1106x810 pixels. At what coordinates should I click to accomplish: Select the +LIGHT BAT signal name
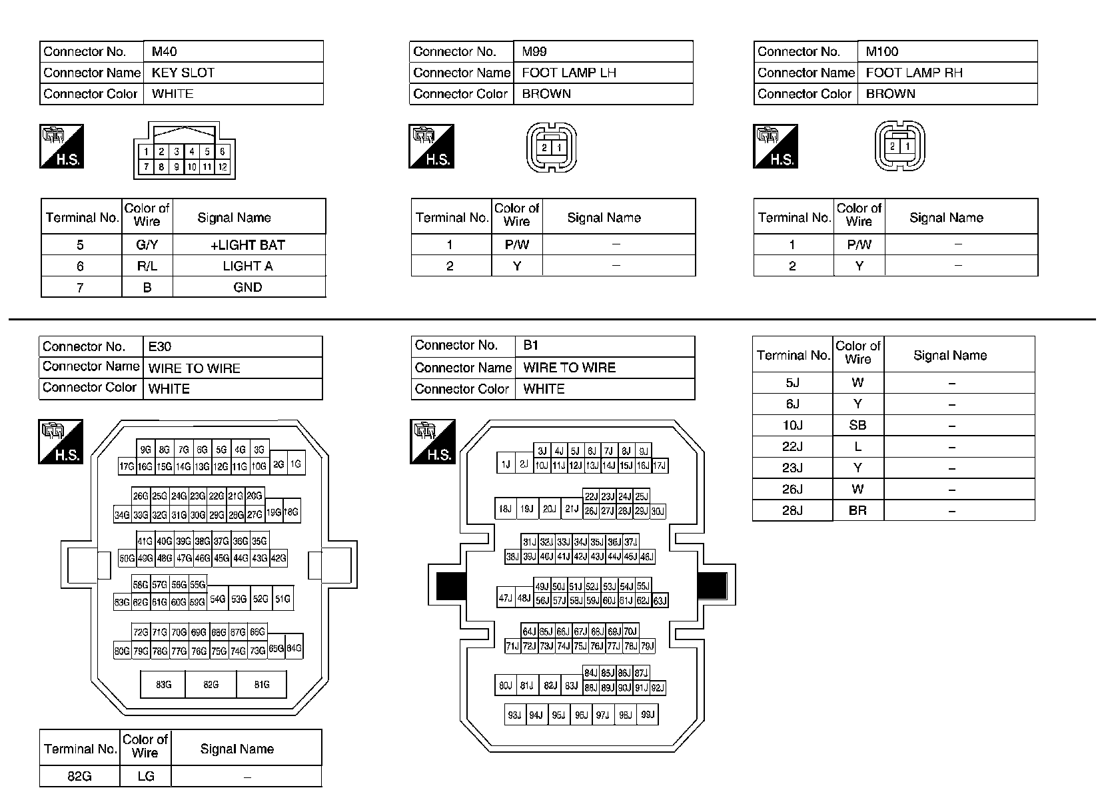[x=248, y=245]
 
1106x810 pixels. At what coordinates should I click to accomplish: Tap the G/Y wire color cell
[x=147, y=245]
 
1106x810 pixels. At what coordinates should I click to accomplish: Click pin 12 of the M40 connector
[x=223, y=167]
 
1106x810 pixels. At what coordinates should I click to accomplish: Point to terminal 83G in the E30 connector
[x=164, y=684]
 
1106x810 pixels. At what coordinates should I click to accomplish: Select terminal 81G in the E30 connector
[x=262, y=684]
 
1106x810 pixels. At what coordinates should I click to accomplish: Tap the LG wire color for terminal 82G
[x=145, y=776]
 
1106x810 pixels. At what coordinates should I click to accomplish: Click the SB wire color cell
[x=857, y=426]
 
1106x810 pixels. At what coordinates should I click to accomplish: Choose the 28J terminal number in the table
[x=792, y=511]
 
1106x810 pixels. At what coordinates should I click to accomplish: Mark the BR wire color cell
[x=857, y=511]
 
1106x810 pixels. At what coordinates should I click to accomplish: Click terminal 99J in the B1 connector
[x=647, y=715]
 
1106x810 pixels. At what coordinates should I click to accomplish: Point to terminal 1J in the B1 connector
[x=506, y=464]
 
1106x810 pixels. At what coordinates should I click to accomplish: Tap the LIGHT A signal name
[x=248, y=266]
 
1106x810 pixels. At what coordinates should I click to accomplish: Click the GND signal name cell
[x=248, y=288]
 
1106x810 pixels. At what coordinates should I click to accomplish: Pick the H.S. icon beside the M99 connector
[x=431, y=146]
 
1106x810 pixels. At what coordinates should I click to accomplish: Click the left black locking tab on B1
[x=449, y=586]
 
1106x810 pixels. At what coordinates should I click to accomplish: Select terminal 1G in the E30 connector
[x=296, y=464]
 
